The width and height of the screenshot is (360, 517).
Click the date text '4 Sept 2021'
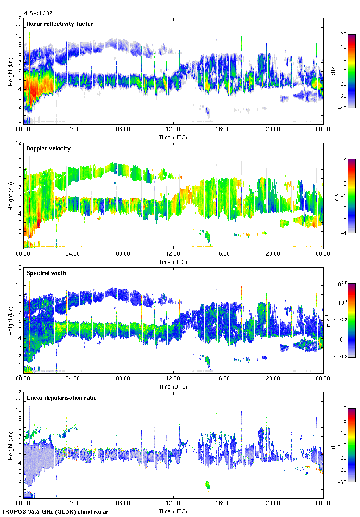point(40,14)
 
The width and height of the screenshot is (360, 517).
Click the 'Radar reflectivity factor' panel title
point(60,24)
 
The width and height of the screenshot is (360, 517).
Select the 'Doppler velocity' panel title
point(48,149)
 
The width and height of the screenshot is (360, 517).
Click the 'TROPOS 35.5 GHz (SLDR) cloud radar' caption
point(55,512)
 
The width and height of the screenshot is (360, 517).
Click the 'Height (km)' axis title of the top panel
point(10,71)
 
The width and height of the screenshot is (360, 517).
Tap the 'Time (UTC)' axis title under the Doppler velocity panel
point(173,262)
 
